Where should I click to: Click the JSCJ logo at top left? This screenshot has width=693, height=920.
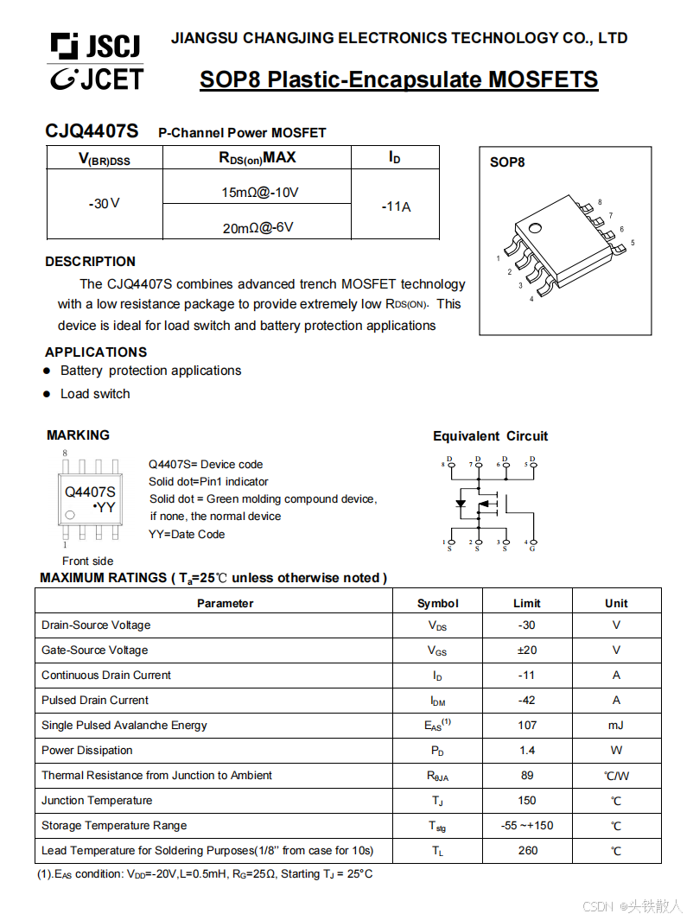(x=95, y=46)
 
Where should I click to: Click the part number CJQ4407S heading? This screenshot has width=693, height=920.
(x=92, y=131)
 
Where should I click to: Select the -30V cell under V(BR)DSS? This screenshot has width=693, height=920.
(x=104, y=204)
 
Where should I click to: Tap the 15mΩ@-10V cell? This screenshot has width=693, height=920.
(x=256, y=192)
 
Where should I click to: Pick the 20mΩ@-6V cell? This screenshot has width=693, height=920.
(x=257, y=228)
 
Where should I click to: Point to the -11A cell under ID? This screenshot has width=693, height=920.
(x=396, y=206)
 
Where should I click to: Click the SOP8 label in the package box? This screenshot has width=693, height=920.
(x=507, y=162)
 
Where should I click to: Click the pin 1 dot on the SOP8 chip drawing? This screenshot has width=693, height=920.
(x=535, y=229)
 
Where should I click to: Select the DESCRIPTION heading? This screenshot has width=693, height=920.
(x=90, y=261)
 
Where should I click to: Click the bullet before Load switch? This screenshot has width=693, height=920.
(x=48, y=394)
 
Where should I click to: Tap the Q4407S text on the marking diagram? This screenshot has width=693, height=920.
(x=90, y=492)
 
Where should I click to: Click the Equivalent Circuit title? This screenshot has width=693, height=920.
(x=490, y=436)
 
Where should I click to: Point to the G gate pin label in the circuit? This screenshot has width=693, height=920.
(x=532, y=549)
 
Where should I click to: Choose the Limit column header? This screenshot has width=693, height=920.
(x=526, y=603)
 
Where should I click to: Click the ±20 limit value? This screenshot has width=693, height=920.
(x=526, y=650)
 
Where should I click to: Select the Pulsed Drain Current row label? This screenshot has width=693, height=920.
(x=95, y=700)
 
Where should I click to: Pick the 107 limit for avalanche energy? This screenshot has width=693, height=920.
(x=526, y=725)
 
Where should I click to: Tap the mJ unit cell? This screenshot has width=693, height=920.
(x=615, y=725)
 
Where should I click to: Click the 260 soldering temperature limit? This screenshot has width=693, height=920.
(x=526, y=850)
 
